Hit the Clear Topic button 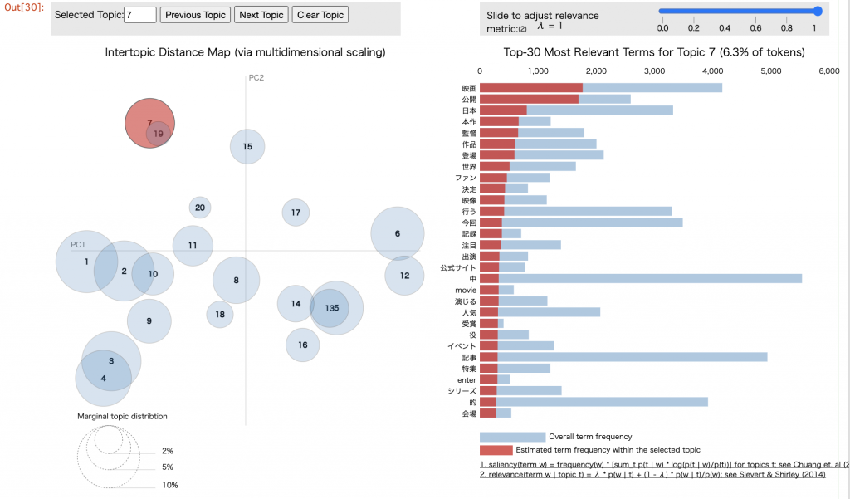pyautogui.click(x=320, y=15)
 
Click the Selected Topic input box pyautogui.click(x=139, y=15)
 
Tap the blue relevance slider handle pyautogui.click(x=818, y=11)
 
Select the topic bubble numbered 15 pyautogui.click(x=247, y=146)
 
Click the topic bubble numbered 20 pyautogui.click(x=199, y=208)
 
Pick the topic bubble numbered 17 pyautogui.click(x=296, y=213)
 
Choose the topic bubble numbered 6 pyautogui.click(x=398, y=233)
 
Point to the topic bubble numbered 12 pyautogui.click(x=404, y=275)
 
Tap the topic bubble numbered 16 pyautogui.click(x=303, y=345)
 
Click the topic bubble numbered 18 pyautogui.click(x=220, y=315)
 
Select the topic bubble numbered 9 pyautogui.click(x=149, y=320)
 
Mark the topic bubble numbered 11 pyautogui.click(x=193, y=245)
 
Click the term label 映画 pyautogui.click(x=469, y=88)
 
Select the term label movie pyautogui.click(x=465, y=290)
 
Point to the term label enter pyautogui.click(x=467, y=379)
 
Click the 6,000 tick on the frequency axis pyautogui.click(x=829, y=72)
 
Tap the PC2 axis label pyautogui.click(x=256, y=78)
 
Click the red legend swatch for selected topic pyautogui.click(x=496, y=450)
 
